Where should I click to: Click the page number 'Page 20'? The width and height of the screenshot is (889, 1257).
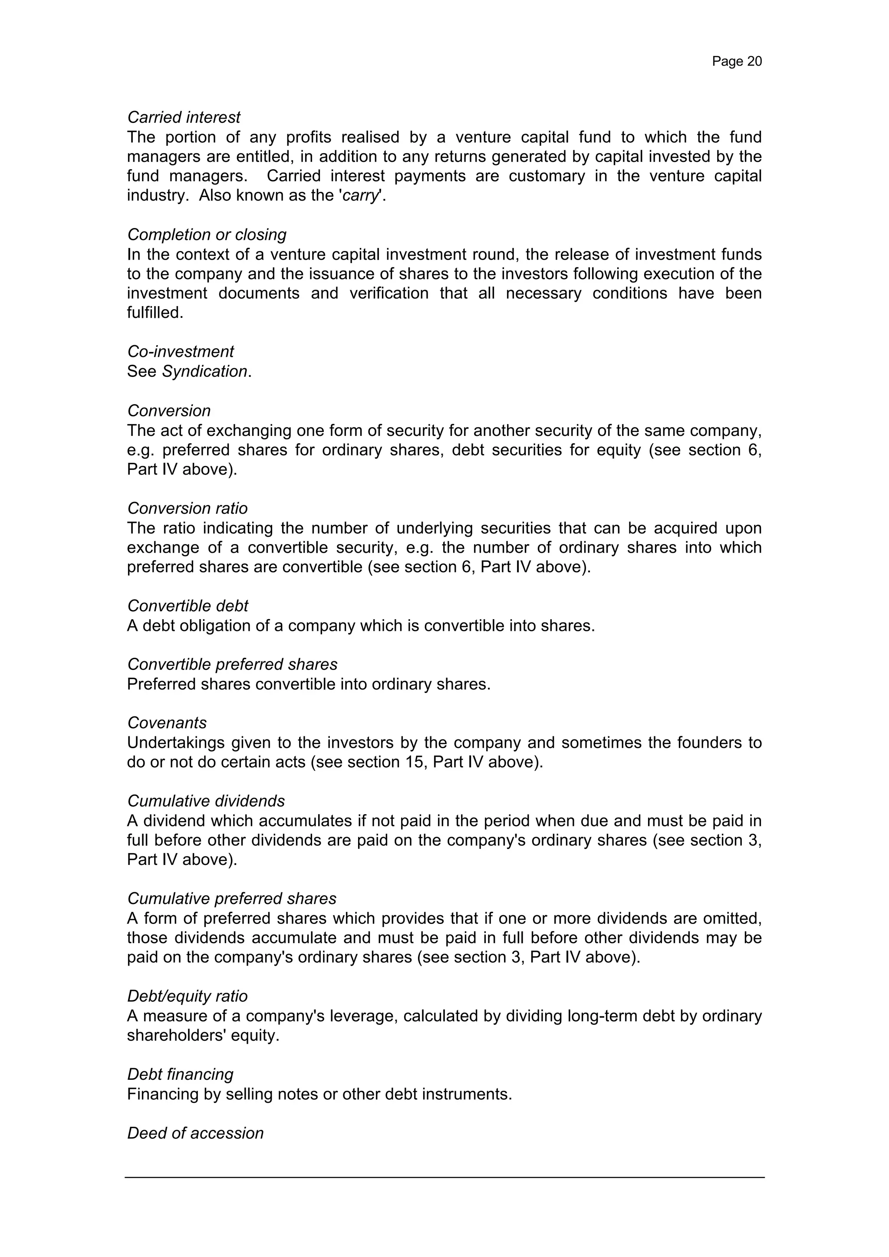pos(736,61)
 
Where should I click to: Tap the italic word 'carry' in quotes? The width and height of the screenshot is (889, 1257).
pos(360,195)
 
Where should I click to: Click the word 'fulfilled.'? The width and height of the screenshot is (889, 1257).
pos(155,313)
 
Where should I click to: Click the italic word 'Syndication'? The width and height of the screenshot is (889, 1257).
pos(205,371)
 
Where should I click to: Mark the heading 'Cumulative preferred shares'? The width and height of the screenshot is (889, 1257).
pos(231,898)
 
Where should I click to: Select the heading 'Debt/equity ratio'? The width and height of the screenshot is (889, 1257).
pos(187,996)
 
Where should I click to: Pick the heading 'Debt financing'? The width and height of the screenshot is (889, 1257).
pos(180,1074)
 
